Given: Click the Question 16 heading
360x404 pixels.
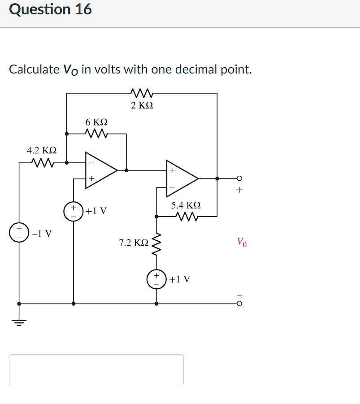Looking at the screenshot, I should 50,9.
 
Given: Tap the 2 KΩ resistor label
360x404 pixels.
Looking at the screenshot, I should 142,105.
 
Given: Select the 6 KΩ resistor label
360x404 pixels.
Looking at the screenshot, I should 96,122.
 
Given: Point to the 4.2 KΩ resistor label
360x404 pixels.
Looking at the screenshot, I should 42,150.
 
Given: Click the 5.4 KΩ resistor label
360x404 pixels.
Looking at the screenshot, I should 186,205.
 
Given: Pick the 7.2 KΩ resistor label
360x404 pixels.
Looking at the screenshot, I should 133,243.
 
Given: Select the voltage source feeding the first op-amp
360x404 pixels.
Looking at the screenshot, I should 74,211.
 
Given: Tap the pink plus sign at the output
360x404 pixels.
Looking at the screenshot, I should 239,190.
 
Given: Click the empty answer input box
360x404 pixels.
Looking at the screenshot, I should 96,369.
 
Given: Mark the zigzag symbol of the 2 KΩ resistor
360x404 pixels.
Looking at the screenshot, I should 142,93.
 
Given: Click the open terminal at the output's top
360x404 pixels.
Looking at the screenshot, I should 239,178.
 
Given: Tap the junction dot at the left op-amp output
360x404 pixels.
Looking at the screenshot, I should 126,170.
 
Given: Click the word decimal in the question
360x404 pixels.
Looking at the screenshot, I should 195,70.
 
